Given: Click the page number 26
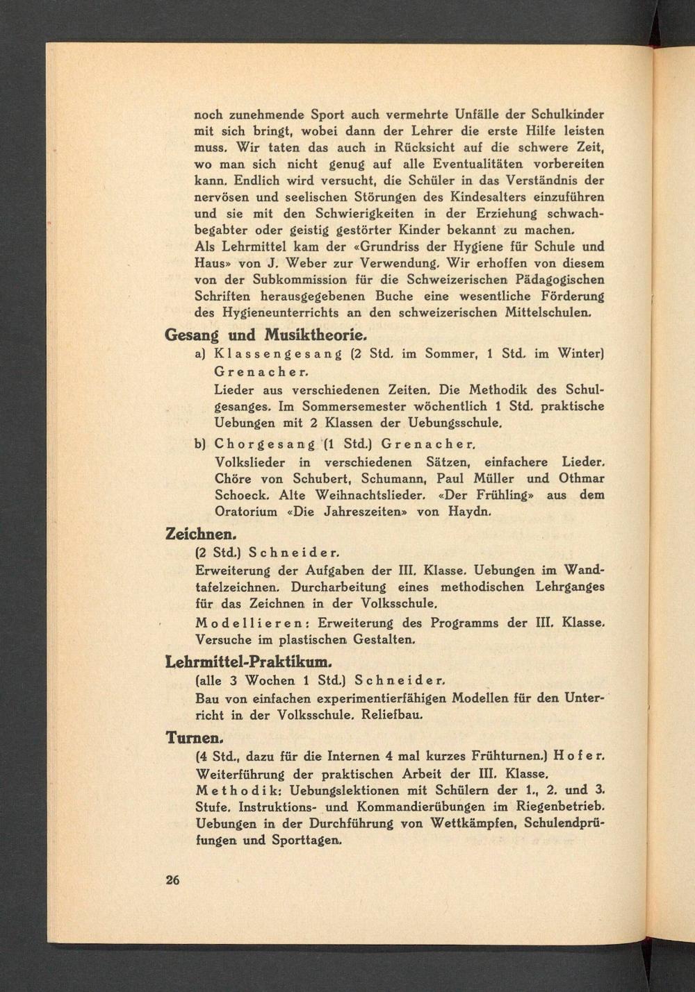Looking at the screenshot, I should pos(172,880).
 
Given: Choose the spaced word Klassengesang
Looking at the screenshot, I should pos(278,355).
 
